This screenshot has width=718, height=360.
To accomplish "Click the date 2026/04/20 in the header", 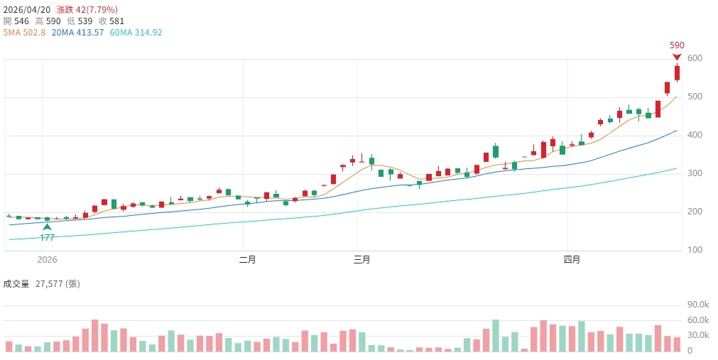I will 26,9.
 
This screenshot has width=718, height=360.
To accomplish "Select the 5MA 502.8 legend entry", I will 25,33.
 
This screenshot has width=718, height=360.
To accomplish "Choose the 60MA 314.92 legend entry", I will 136,33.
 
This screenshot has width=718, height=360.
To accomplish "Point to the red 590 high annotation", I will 677,45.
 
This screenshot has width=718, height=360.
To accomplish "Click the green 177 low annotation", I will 47,238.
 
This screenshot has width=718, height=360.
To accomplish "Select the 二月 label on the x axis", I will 248,260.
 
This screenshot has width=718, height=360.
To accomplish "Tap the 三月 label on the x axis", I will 362,260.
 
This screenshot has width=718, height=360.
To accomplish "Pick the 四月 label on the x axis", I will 572,260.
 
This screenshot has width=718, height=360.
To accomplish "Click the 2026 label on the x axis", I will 47,260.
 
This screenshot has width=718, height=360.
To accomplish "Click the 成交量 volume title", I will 16,284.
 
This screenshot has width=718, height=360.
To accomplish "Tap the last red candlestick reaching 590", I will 677,72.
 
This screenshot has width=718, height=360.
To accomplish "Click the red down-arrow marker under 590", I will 677,57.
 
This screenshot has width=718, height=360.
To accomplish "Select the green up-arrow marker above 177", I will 47,227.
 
